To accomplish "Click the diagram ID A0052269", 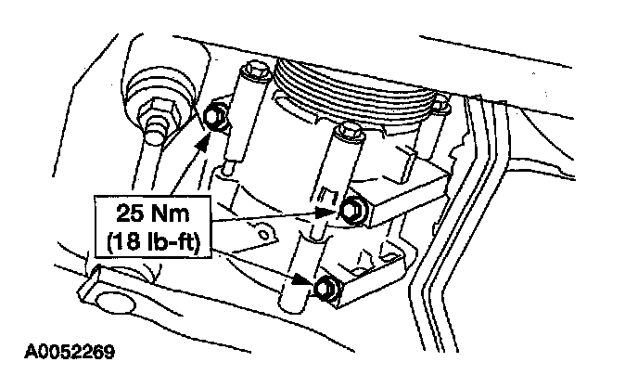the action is pyautogui.click(x=70, y=352).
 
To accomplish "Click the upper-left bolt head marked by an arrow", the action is pyautogui.click(x=213, y=117).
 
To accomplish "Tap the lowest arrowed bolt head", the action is pyautogui.click(x=326, y=288).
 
